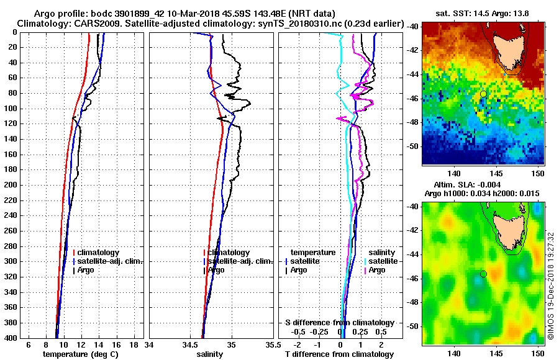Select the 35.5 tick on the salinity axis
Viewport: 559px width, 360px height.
click(x=270, y=344)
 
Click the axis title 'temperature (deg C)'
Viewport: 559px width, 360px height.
click(x=80, y=354)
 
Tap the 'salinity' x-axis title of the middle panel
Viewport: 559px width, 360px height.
click(x=209, y=354)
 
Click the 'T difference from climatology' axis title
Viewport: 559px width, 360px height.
click(x=340, y=354)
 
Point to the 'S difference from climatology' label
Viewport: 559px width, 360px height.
click(x=340, y=323)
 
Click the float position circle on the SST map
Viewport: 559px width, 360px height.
click(x=483, y=94)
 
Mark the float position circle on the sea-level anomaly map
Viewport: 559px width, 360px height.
click(x=483, y=274)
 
